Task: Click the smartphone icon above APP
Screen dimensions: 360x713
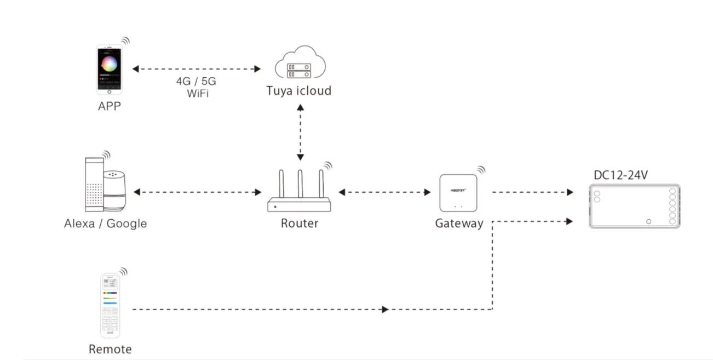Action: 109,70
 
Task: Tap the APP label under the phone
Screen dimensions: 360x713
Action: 109,106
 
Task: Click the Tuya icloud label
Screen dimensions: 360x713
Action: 299,90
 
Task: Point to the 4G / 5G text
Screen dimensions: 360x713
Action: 196,82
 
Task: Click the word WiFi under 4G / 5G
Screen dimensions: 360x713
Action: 198,93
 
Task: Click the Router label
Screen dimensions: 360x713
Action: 300,223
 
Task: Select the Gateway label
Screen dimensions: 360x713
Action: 459,224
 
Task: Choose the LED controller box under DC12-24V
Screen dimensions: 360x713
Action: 634,207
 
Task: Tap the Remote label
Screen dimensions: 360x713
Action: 110,349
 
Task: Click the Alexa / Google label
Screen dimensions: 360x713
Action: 105,224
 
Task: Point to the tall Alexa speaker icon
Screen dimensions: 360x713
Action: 94,184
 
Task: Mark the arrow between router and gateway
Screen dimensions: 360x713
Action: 384,192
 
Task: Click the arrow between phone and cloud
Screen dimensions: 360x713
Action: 197,69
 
